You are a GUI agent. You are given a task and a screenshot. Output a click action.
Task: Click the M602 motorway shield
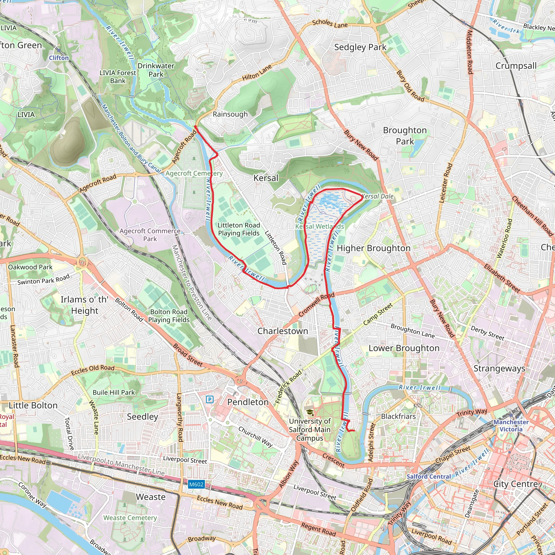point(196,484)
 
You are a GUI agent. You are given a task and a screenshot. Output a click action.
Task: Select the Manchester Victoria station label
point(511,425)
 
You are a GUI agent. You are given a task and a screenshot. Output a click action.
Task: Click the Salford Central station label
point(429,476)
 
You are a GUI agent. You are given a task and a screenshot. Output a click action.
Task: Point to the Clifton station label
point(59,58)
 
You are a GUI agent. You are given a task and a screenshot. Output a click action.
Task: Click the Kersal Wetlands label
point(320,226)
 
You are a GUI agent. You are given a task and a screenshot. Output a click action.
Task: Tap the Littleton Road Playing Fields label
point(239,229)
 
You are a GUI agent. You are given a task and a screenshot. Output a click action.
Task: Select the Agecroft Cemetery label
point(194,173)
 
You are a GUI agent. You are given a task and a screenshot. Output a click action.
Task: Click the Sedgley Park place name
point(360,47)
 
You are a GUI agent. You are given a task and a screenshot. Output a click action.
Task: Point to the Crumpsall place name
point(516,66)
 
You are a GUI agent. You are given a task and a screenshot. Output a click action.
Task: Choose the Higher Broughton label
point(373,248)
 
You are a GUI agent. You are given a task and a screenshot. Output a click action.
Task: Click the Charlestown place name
point(283,331)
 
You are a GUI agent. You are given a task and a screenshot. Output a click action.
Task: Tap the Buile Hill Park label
point(114,392)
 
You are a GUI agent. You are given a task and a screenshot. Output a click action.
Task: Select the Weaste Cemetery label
point(130,518)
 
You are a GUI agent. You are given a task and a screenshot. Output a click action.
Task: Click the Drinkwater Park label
point(156,70)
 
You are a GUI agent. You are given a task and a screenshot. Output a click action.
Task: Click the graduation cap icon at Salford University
point(310,413)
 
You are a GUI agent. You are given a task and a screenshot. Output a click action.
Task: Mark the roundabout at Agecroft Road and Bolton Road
point(83,262)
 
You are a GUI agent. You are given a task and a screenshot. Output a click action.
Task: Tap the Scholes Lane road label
point(330,24)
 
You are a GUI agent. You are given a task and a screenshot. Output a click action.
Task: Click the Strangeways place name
point(499,368)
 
